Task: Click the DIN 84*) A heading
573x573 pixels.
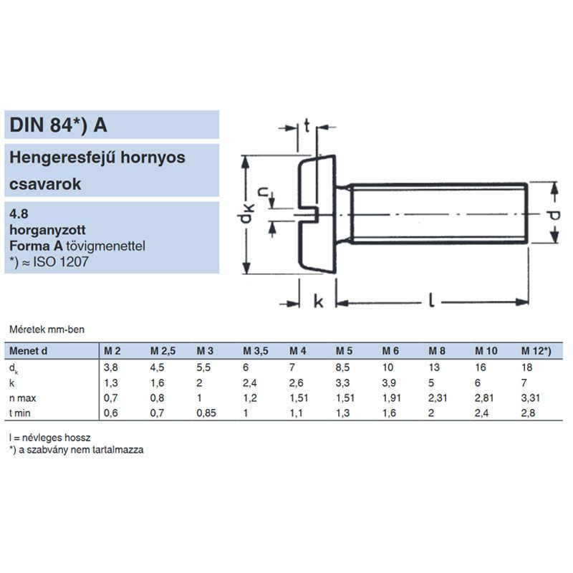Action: coord(58,125)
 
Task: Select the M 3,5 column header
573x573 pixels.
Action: coord(256,351)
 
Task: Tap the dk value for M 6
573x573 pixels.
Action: coord(387,367)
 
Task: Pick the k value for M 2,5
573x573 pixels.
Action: coord(157,383)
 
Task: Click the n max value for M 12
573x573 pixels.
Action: coord(530,398)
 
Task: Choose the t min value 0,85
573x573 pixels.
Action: coord(206,413)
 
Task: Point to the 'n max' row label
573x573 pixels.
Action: coord(23,398)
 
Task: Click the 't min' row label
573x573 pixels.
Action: coord(20,413)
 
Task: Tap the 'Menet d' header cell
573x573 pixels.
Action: coord(28,351)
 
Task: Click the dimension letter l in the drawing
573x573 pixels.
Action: coord(432,300)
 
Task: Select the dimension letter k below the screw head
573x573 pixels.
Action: coord(318,302)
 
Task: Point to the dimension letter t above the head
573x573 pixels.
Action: coord(307,126)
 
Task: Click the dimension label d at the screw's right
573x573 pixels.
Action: coord(554,216)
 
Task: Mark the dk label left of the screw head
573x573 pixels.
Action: coord(246,215)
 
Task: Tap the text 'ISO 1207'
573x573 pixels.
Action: coord(61,262)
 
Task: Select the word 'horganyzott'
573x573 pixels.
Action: coord(47,230)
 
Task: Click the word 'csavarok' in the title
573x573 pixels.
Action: coord(45,184)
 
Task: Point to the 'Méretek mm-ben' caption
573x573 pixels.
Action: coord(47,329)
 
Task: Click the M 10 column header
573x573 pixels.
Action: coord(486,351)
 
